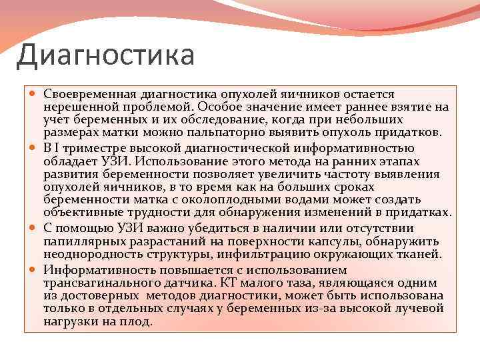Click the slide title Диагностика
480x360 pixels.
click(x=105, y=55)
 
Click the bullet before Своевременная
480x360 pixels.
click(x=34, y=95)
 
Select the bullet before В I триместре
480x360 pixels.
click(x=34, y=148)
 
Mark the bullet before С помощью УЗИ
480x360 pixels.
click(x=34, y=228)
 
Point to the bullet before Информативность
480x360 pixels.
click(x=34, y=269)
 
